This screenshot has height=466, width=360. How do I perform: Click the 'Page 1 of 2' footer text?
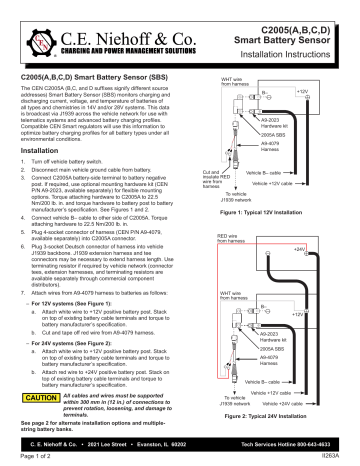pyautogui.click(x=27, y=456)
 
